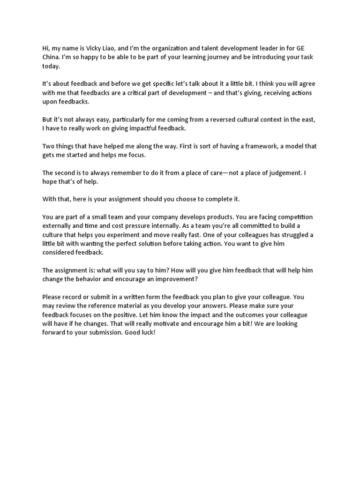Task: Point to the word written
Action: (138, 297)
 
